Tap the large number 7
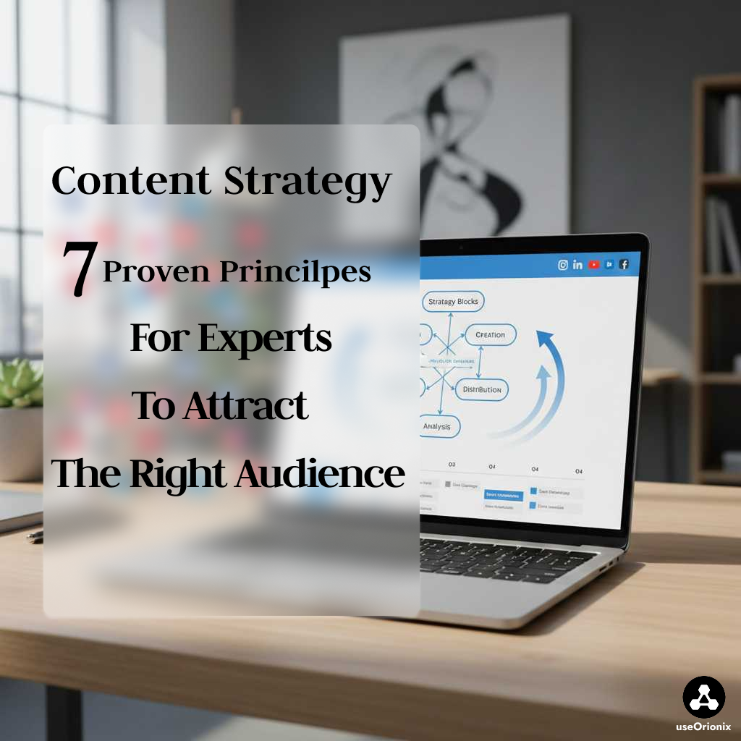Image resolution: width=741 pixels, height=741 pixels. (79, 270)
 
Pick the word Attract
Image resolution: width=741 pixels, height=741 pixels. (245, 406)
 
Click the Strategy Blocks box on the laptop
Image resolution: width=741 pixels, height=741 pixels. (452, 301)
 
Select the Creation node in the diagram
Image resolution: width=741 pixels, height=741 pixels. (490, 335)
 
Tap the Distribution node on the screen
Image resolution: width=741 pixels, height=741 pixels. (481, 389)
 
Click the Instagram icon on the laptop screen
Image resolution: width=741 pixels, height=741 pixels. (563, 265)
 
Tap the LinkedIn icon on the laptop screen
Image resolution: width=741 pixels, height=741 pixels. (577, 265)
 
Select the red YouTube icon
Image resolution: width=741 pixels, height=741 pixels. (594, 265)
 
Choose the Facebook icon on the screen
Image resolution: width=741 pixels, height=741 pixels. (624, 265)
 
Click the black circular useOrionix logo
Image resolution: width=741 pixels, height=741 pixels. (703, 697)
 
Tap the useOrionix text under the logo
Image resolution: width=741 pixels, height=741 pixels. (703, 727)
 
